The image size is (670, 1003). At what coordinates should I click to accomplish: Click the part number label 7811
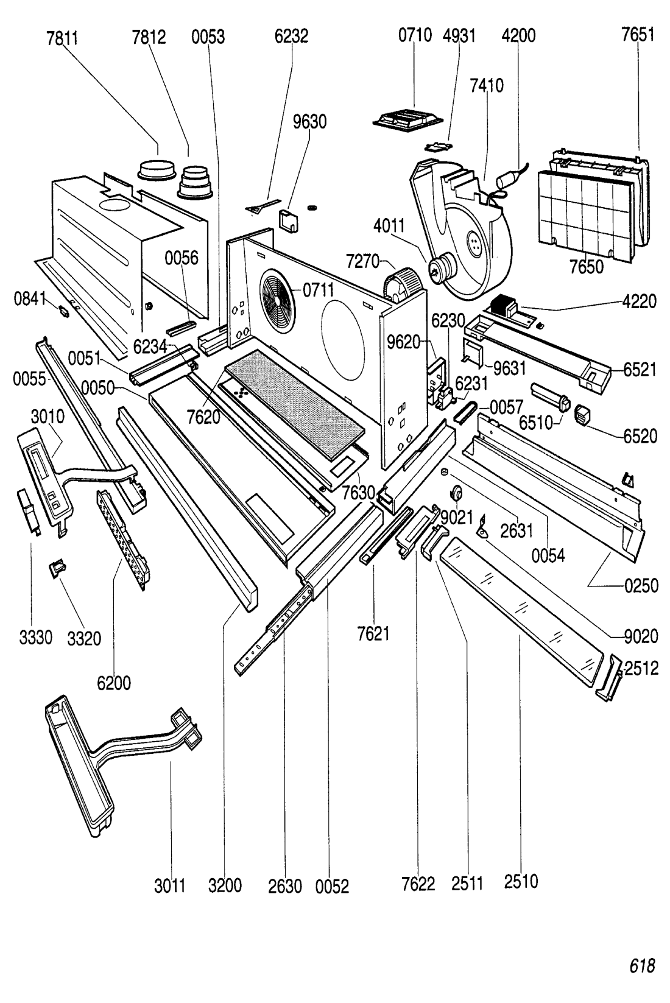pyautogui.click(x=63, y=37)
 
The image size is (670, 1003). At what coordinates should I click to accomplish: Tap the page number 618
pyautogui.click(x=642, y=966)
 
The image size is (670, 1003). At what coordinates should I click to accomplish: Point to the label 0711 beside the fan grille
pyautogui.click(x=319, y=290)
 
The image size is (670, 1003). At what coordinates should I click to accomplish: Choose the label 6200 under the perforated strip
pyautogui.click(x=115, y=683)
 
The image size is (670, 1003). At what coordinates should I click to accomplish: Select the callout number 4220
pyautogui.click(x=640, y=301)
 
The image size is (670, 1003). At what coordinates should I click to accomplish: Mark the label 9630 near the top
pyautogui.click(x=309, y=122)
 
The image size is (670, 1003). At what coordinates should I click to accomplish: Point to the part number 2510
pyautogui.click(x=521, y=882)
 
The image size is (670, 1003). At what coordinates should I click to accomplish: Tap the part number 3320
pyautogui.click(x=85, y=638)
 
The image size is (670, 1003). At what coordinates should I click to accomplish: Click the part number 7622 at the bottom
pyautogui.click(x=418, y=884)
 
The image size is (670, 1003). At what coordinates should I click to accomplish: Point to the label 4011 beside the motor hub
pyautogui.click(x=389, y=226)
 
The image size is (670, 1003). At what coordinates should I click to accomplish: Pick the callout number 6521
pyautogui.click(x=640, y=370)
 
